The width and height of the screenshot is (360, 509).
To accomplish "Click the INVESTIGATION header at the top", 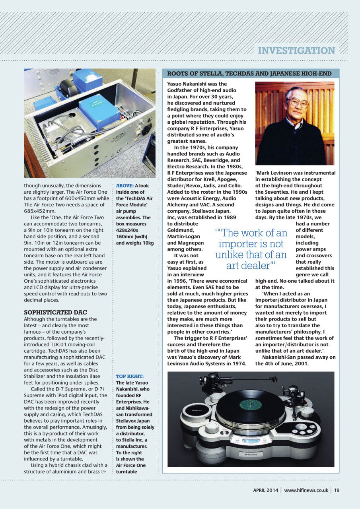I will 296,51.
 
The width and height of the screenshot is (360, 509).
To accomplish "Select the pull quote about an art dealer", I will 251,249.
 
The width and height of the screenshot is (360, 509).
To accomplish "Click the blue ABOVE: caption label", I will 125,186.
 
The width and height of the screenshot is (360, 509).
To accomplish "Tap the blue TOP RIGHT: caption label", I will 130,376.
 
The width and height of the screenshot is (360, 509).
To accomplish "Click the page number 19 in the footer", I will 337,490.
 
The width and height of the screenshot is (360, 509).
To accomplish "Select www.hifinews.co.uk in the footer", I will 306,490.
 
